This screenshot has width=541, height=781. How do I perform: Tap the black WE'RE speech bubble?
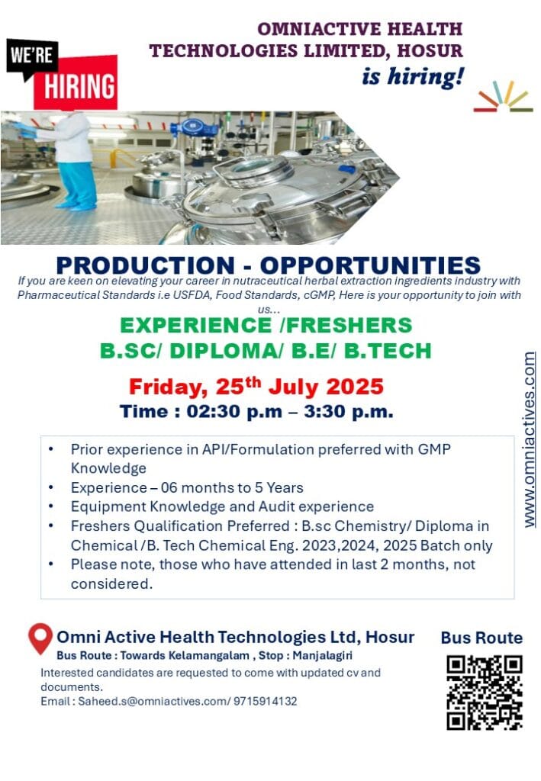pos(32,56)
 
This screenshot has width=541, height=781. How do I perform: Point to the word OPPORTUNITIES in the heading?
pos(370,265)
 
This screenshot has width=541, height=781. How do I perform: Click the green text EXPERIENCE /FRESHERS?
pos(266,325)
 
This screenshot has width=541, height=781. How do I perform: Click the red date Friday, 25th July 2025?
pos(256,386)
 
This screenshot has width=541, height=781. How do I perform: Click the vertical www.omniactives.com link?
pos(530,439)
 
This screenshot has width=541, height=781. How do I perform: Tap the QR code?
pos(484,693)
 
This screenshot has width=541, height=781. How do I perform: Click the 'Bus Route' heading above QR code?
pos(481,638)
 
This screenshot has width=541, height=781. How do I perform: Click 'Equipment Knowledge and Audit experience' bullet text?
pos(222,506)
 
